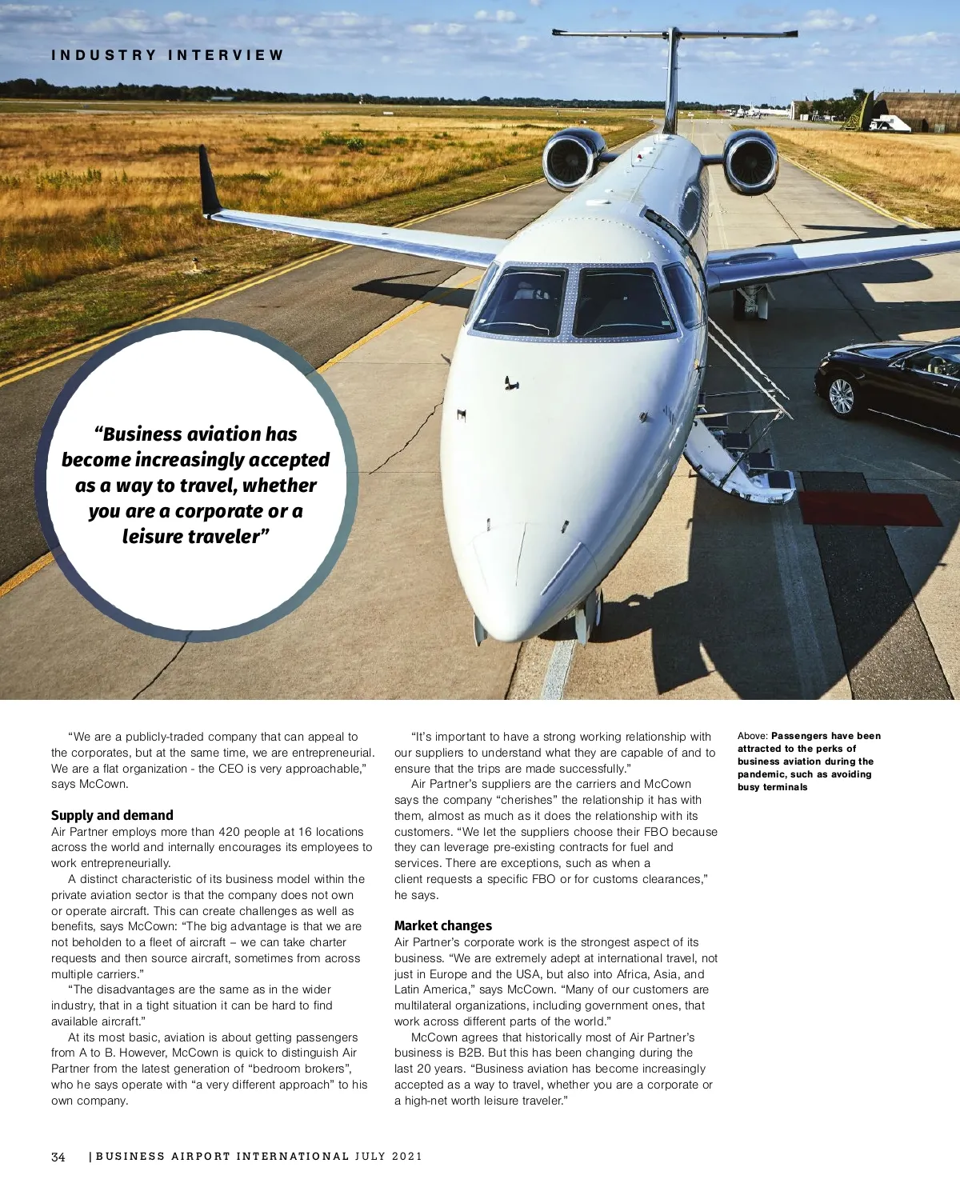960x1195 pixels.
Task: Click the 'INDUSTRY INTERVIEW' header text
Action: (167, 55)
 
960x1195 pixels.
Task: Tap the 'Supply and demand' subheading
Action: (112, 815)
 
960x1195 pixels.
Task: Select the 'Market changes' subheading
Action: (442, 925)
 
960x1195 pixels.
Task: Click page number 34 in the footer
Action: (58, 1157)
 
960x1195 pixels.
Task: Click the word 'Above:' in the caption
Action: (752, 736)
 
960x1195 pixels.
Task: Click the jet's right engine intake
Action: (751, 162)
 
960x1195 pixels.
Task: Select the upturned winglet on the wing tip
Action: (210, 181)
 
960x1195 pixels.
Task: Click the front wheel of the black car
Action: (841, 396)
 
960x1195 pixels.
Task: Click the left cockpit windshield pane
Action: (522, 302)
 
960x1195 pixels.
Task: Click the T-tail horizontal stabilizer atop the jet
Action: (674, 34)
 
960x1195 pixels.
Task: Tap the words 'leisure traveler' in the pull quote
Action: (191, 537)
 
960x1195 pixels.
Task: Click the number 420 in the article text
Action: (229, 832)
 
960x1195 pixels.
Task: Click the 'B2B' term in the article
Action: (470, 1053)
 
